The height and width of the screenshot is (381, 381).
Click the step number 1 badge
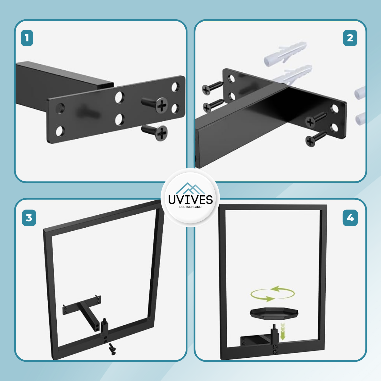point(27,38)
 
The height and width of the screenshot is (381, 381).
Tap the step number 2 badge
point(350,38)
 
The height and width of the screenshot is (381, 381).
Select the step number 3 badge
point(29,218)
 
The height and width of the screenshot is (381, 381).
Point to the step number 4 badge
point(350,218)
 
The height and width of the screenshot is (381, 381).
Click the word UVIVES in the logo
point(190,200)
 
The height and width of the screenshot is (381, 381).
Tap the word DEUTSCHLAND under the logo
point(190,207)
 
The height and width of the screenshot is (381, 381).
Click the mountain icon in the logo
point(190,188)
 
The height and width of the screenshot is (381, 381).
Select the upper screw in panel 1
point(155,104)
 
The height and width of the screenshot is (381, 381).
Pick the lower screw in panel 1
point(155,132)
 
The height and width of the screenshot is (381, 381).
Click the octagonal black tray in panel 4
point(274,313)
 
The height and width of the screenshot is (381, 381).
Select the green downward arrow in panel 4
point(283,331)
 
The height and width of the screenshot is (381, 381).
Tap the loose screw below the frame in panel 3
point(112,349)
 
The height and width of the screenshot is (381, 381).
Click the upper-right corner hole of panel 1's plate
point(175,87)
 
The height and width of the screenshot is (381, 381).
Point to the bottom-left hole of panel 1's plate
point(60,131)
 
